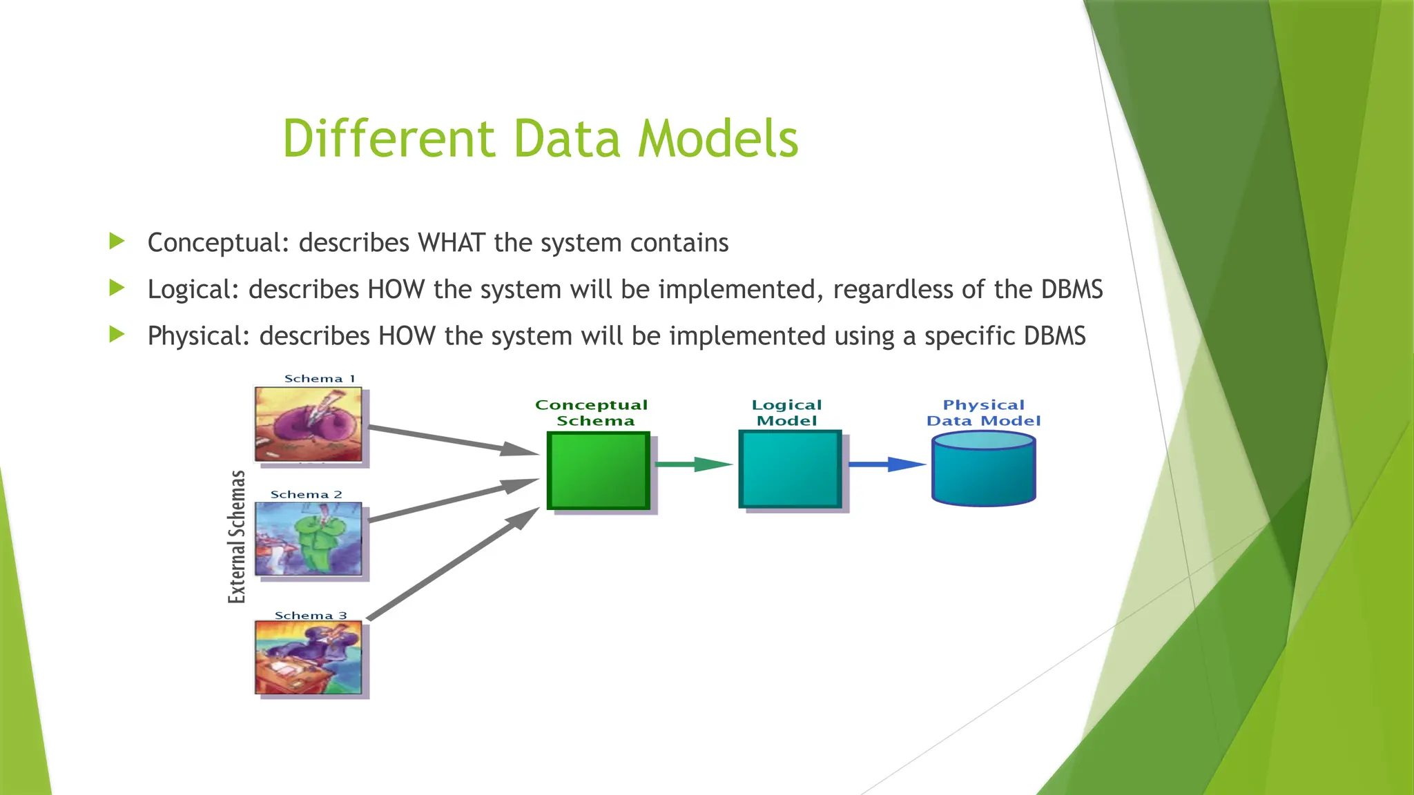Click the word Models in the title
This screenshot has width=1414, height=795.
[717, 139]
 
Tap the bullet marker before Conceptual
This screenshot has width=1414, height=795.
[117, 242]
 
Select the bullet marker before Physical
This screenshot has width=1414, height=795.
[117, 335]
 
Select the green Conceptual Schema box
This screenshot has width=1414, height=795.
[599, 471]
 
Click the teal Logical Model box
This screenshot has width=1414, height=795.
[790, 469]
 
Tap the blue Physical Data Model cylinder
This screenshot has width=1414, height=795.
[983, 469]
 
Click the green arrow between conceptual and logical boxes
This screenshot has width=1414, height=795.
[693, 464]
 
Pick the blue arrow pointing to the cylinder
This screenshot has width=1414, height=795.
[886, 464]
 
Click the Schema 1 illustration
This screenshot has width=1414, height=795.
[308, 424]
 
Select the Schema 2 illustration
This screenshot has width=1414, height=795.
[308, 539]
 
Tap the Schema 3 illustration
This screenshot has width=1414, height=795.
[308, 657]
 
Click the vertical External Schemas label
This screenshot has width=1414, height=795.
[237, 536]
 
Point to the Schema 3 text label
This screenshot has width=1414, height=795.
[311, 616]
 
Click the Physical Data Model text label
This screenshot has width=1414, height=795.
[983, 413]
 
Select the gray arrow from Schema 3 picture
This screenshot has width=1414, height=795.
[452, 564]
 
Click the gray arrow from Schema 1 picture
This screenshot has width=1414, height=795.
[452, 441]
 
